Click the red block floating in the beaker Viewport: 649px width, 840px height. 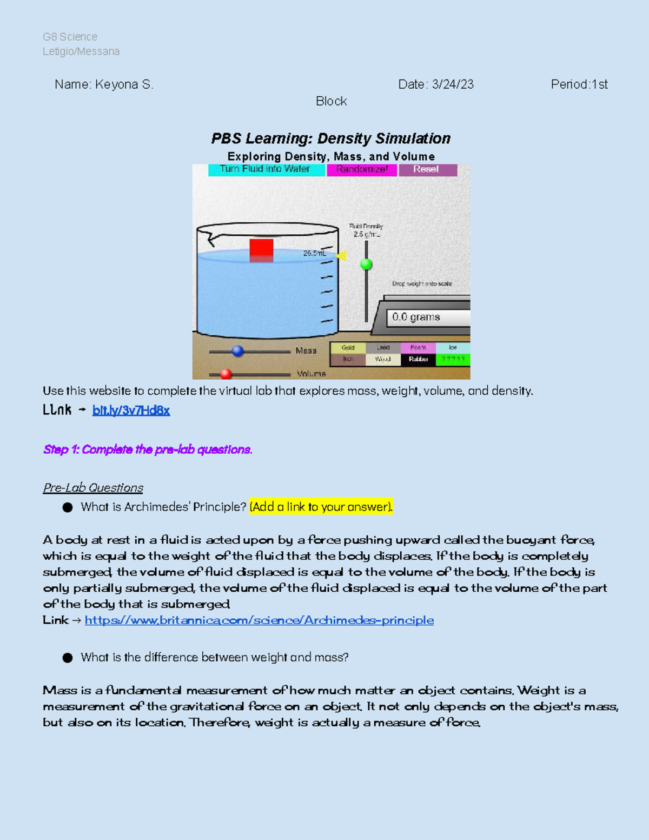click(x=261, y=251)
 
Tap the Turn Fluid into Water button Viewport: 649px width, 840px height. click(x=266, y=169)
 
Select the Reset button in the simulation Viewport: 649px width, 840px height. click(x=427, y=169)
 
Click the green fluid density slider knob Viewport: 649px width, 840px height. click(x=366, y=264)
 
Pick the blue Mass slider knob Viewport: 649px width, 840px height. click(x=237, y=351)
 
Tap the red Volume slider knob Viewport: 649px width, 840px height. click(x=226, y=374)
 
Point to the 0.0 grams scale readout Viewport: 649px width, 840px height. click(x=427, y=318)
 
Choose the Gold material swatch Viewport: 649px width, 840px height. click(x=348, y=348)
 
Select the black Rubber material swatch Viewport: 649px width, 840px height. click(x=418, y=359)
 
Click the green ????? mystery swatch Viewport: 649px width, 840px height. click(x=453, y=359)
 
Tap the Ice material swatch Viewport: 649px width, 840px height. click(x=453, y=348)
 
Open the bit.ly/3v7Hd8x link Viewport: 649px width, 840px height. click(x=131, y=411)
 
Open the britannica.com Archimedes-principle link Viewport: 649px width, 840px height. click(x=259, y=620)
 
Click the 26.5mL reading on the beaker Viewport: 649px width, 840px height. click(x=314, y=253)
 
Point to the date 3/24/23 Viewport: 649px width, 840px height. click(x=453, y=84)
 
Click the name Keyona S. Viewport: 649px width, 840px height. click(x=124, y=84)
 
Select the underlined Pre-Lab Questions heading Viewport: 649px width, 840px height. click(x=93, y=488)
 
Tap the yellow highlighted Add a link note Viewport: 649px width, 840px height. click(x=321, y=507)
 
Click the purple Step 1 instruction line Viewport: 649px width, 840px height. click(x=148, y=449)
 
